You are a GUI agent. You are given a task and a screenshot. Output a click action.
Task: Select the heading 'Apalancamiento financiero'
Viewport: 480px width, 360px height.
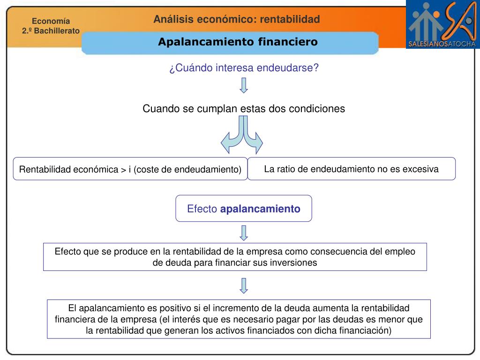coord(238,42)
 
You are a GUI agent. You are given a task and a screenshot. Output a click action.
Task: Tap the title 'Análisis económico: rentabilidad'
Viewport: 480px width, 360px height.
coord(237,19)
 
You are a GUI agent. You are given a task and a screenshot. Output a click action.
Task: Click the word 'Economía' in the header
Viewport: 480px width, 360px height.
coord(51,21)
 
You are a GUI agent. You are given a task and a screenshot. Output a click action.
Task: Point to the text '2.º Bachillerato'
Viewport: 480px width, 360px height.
coord(51,30)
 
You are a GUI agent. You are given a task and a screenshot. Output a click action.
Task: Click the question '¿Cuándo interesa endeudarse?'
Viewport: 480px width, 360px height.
coord(244,68)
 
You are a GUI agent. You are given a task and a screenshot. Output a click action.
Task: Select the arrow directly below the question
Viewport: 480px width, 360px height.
coord(244,85)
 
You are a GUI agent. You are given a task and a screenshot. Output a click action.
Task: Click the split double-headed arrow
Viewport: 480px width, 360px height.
coord(243,136)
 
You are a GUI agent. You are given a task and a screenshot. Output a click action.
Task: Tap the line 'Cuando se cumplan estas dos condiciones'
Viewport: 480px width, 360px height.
coord(244,109)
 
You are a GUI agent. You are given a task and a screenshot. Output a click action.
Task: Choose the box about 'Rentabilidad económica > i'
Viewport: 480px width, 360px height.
coord(130,169)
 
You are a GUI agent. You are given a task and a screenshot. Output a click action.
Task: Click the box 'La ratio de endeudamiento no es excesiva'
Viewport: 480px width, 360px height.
coord(351,169)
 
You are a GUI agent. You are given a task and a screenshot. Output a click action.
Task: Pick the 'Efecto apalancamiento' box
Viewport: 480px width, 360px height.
coord(244,209)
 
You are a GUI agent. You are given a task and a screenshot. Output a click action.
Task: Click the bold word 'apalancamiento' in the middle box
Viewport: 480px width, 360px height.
coord(260,209)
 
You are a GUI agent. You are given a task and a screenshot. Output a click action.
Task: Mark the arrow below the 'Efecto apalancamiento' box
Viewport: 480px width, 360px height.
coord(244,232)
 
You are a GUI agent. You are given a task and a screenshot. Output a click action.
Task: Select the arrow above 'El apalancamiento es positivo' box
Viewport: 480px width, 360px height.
coord(244,285)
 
